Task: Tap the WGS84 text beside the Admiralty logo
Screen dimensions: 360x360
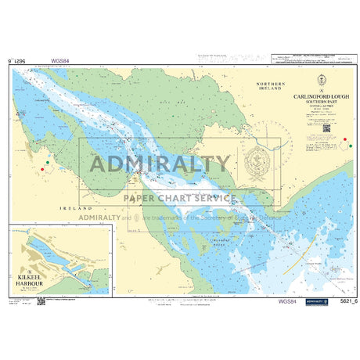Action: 287,300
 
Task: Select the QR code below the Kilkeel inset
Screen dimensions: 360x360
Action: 41,300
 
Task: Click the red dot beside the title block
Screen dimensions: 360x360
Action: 347,148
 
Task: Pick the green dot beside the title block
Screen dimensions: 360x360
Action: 347,139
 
